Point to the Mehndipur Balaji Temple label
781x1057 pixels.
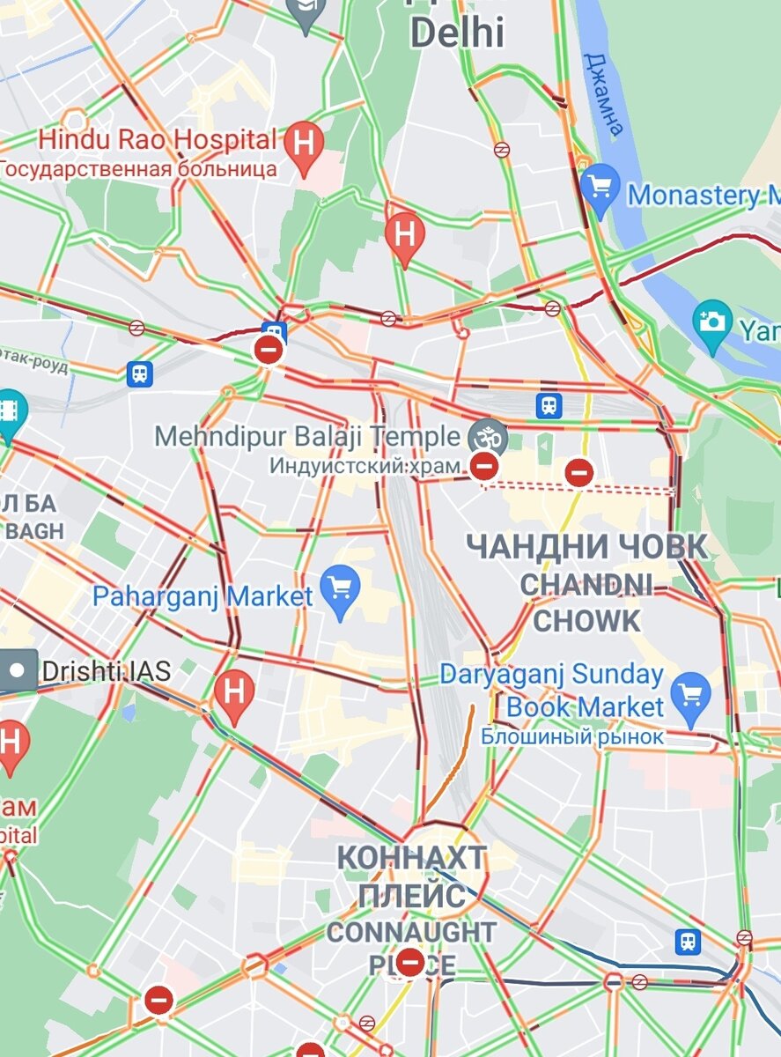[307, 436]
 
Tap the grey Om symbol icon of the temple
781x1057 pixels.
[488, 436]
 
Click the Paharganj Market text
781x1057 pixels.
[203, 596]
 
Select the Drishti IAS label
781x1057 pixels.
[106, 671]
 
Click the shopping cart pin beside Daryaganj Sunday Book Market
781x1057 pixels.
[690, 694]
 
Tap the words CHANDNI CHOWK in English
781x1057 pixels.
[587, 602]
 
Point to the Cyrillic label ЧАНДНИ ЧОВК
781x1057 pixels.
[586, 547]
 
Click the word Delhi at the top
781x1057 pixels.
[458, 33]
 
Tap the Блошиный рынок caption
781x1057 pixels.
[572, 736]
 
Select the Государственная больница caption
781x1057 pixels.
[139, 167]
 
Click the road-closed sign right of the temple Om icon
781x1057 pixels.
[578, 472]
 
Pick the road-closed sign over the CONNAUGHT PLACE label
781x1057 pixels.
[409, 961]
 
